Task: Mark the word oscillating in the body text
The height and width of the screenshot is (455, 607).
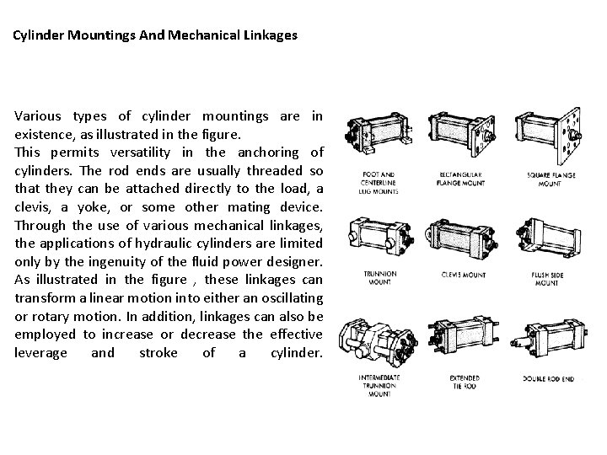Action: point(282,297)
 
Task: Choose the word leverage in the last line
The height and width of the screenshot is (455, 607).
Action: point(40,352)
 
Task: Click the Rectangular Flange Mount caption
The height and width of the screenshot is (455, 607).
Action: point(462,180)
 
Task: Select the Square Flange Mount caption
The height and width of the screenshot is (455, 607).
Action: point(552,180)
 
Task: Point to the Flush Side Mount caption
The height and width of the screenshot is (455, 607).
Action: point(552,279)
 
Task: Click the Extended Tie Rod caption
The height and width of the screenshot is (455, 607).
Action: point(462,382)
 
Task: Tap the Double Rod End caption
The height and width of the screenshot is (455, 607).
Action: point(552,377)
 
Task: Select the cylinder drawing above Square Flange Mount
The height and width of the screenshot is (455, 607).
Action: point(551,135)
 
